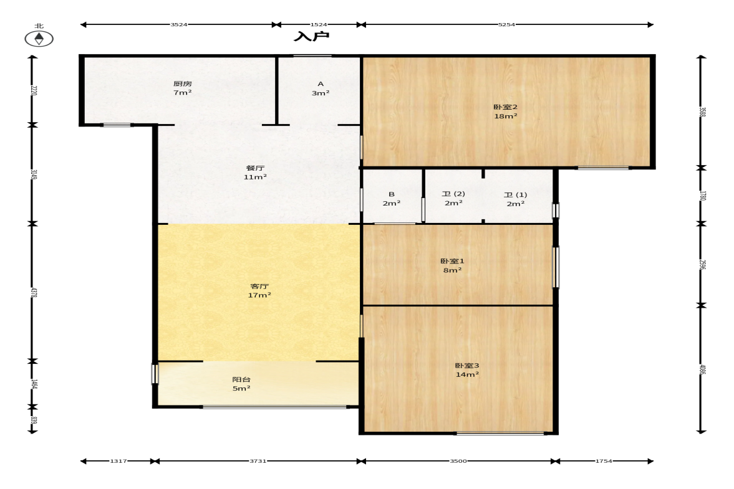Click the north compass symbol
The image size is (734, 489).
pyautogui.click(x=39, y=39)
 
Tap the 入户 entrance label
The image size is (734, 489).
pyautogui.click(x=312, y=37)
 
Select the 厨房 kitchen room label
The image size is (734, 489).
pyautogui.click(x=182, y=88)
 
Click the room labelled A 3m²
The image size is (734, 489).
pyautogui.click(x=321, y=88)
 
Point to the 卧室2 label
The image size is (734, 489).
pyautogui.click(x=505, y=111)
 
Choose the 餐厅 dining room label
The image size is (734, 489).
pyautogui.click(x=255, y=172)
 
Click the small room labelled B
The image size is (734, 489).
pyautogui.click(x=392, y=198)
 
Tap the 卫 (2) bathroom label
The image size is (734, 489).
pyautogui.click(x=453, y=198)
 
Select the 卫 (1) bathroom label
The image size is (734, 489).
pyautogui.click(x=515, y=199)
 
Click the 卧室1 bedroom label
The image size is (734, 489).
pyautogui.click(x=452, y=265)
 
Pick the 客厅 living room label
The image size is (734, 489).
pyautogui.click(x=259, y=290)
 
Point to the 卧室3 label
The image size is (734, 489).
pyautogui.click(x=466, y=370)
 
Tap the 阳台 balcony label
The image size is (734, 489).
pyautogui.click(x=241, y=384)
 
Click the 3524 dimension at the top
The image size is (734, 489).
pyautogui.click(x=179, y=25)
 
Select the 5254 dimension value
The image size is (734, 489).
pyautogui.click(x=507, y=25)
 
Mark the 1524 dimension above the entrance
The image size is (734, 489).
pyautogui.click(x=319, y=25)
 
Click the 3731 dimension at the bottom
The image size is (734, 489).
pyautogui.click(x=258, y=462)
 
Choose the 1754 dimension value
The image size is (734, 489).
pyautogui.click(x=603, y=462)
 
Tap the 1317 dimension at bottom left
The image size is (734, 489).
pyautogui.click(x=118, y=462)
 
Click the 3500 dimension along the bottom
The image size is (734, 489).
pyautogui.click(x=458, y=462)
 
